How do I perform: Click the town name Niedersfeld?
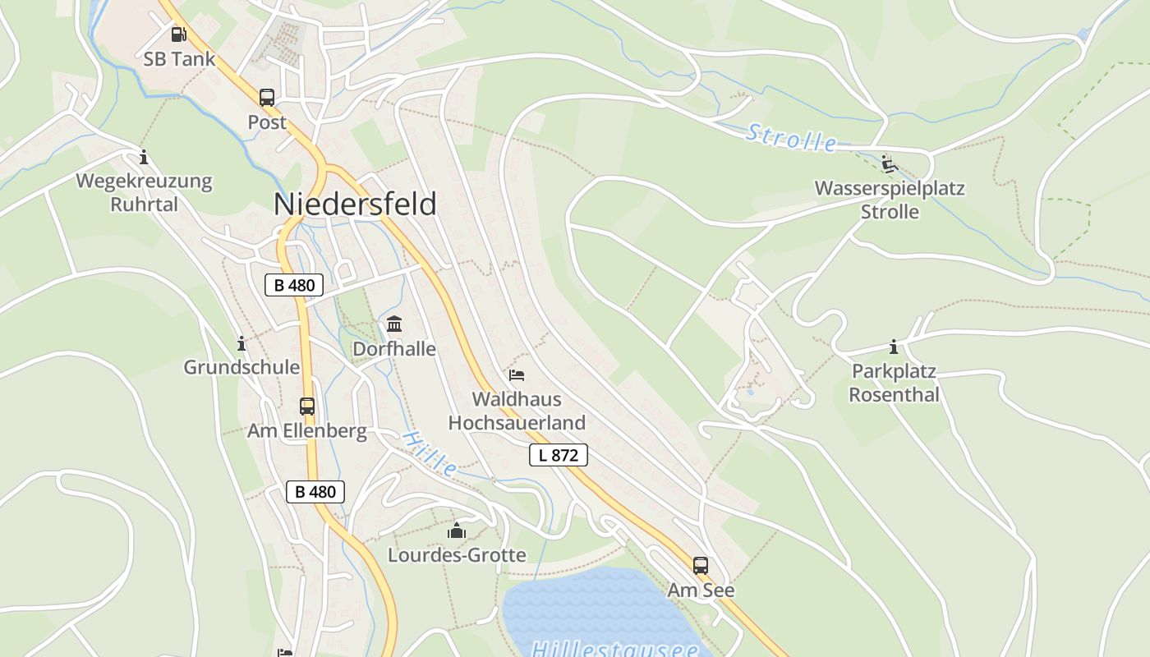[354, 204]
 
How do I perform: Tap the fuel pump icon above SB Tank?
[178, 34]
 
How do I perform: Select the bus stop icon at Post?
[267, 98]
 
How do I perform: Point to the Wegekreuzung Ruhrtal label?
[144, 192]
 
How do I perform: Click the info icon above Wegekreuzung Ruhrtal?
[144, 157]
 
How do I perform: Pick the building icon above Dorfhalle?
[394, 324]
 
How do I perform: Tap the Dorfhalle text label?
[394, 349]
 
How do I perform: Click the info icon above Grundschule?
[241, 343]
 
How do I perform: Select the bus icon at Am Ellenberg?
[306, 406]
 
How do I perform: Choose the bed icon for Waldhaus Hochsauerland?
[517, 375]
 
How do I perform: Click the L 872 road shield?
[559, 455]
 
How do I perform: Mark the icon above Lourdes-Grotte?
[457, 531]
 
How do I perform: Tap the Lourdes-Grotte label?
[457, 555]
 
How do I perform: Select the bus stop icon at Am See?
[701, 565]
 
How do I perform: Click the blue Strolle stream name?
[791, 138]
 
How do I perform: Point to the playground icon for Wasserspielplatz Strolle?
[889, 164]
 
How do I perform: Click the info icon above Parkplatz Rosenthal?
[894, 347]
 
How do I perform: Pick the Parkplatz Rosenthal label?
[894, 384]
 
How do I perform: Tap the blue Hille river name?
[430, 454]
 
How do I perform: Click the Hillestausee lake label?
[614, 649]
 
